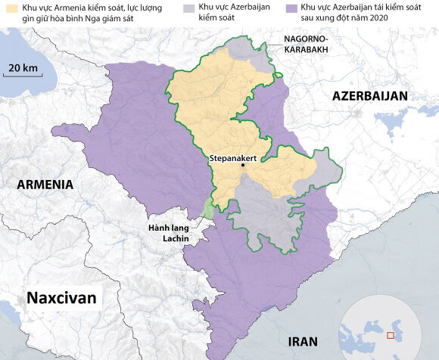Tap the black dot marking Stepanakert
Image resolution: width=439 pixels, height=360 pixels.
click(x=243, y=165)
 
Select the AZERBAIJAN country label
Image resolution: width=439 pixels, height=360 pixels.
click(x=369, y=96)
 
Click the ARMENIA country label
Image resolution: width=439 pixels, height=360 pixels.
click(x=45, y=185)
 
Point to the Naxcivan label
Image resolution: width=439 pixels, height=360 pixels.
click(x=61, y=298)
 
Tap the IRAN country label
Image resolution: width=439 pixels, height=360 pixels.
click(x=303, y=341)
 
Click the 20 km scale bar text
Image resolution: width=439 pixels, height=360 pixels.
click(x=23, y=68)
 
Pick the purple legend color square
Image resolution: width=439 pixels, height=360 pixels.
click(x=303, y=8)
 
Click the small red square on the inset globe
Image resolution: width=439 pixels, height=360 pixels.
click(x=391, y=334)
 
